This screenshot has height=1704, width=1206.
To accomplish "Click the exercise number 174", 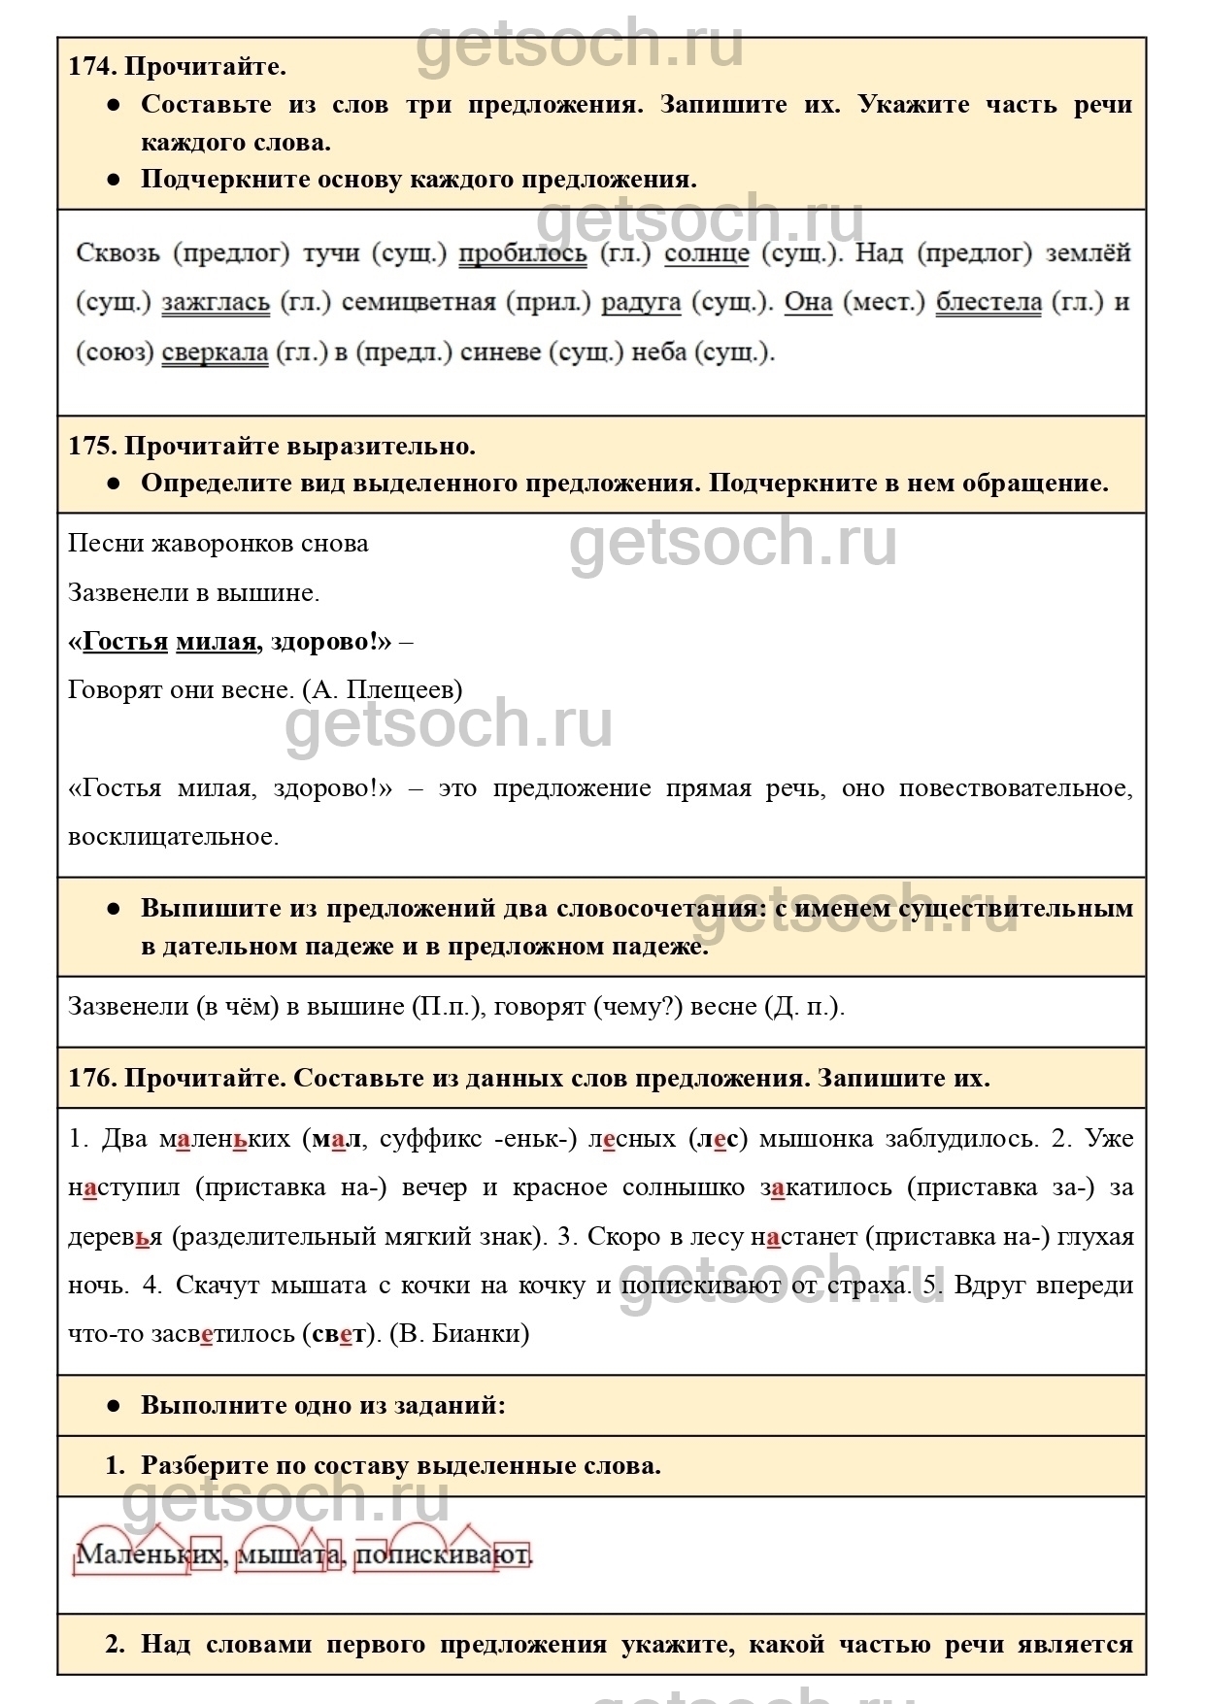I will click(x=92, y=67).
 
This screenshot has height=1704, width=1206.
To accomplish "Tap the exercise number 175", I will click(x=92, y=447).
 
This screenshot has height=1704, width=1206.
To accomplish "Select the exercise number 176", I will click(x=92, y=1079).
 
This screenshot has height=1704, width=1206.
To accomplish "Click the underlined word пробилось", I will click(x=522, y=253).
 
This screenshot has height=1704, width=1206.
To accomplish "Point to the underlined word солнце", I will click(x=707, y=253).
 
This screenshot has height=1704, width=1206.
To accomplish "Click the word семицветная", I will click(x=419, y=303).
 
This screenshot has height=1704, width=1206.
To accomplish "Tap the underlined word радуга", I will click(x=641, y=303).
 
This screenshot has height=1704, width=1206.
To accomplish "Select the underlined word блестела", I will click(x=988, y=303).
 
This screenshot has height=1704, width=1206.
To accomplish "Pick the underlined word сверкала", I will click(x=215, y=352).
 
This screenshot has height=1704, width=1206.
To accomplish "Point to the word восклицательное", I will click(x=173, y=837).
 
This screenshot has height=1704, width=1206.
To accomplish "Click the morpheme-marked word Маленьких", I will click(x=149, y=1554).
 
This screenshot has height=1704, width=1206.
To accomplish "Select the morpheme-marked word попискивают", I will click(x=443, y=1554).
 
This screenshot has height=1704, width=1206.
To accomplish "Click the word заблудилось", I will click(x=961, y=1139).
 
